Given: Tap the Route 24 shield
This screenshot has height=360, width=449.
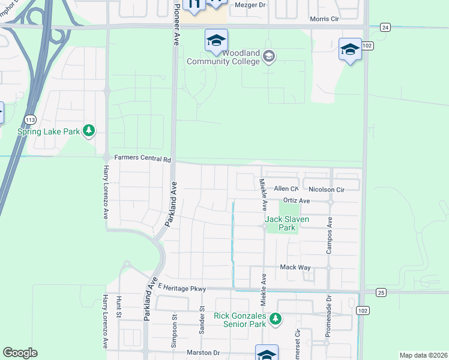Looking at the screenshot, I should [385, 27].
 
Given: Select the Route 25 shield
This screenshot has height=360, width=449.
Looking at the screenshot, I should [381, 292].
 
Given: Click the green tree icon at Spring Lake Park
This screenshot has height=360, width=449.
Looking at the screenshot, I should [89, 130].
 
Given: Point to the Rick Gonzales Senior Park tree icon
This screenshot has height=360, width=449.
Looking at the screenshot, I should [275, 319].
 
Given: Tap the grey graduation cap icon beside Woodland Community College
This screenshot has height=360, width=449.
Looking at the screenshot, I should [268, 57].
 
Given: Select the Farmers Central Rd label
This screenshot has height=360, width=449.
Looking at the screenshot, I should [143, 159].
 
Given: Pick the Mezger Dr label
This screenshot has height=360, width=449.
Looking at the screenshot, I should [249, 5].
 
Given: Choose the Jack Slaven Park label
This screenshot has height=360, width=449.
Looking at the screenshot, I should [288, 223].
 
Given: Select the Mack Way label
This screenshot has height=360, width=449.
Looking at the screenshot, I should [294, 267].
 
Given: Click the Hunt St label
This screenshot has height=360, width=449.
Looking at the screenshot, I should [119, 307].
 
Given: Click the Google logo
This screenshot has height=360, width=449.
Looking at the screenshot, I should [20, 353].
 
